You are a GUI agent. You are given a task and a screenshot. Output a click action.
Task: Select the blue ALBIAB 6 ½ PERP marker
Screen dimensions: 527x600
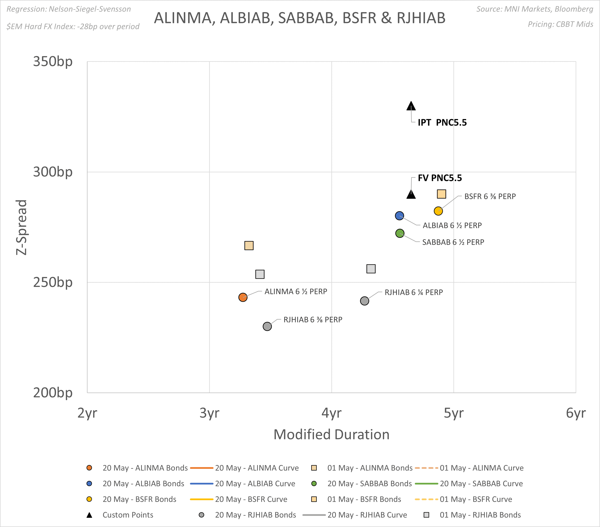coord(399,216)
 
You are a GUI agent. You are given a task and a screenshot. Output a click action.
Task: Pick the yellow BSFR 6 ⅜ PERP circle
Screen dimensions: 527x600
coord(438,211)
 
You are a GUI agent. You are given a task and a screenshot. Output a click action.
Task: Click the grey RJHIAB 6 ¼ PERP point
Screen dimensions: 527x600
coord(364,301)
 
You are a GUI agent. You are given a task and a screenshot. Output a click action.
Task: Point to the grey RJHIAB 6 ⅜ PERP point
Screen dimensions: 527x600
coord(267,326)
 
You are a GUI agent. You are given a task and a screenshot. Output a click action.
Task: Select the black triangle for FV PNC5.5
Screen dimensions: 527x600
coord(411,194)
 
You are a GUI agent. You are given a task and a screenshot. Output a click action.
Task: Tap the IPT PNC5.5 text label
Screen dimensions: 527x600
coord(442,123)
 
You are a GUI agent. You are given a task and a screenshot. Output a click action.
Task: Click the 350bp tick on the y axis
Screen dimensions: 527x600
coord(53,62)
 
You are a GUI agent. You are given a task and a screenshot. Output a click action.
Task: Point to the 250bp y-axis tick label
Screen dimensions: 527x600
coord(53,282)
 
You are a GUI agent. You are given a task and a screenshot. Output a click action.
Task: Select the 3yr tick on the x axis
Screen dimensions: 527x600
coord(209,413)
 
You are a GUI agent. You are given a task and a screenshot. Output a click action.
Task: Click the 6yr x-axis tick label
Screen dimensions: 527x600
coord(576,413)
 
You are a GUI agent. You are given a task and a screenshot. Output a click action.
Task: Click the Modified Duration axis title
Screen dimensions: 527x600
coord(331,434)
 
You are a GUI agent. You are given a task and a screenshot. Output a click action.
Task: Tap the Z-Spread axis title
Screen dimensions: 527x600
coord(22,227)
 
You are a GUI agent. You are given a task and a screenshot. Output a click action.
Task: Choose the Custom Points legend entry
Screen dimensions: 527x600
coord(128,515)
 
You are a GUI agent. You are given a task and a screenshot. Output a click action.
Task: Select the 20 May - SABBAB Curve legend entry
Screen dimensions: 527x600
coord(481,484)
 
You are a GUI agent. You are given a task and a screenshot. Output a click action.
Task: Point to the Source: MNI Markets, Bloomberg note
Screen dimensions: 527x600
coord(535,9)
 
